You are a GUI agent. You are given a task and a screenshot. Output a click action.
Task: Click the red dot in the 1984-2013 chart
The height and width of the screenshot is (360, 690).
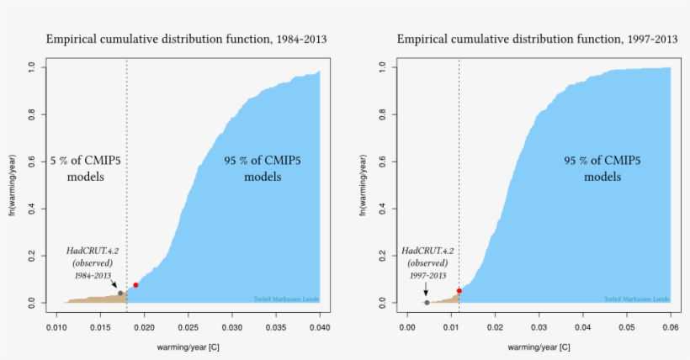[135, 285]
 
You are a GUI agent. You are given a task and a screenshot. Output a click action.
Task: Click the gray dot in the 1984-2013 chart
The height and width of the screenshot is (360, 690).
[120, 294]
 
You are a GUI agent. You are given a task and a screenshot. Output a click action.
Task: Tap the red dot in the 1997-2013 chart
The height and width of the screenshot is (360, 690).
[459, 291]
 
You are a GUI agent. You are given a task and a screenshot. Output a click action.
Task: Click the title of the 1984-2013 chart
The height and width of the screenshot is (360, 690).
[186, 40]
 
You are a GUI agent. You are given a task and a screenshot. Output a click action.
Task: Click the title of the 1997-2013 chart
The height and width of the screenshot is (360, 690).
[537, 40]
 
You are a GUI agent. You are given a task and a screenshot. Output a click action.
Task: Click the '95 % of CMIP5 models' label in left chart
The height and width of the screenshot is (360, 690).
[263, 168]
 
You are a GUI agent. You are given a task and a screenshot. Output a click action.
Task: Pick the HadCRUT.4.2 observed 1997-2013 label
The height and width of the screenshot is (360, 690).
[427, 263]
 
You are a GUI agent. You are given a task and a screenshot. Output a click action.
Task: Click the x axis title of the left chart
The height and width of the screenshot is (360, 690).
[188, 347]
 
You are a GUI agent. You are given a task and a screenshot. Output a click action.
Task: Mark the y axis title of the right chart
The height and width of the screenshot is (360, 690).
[364, 184]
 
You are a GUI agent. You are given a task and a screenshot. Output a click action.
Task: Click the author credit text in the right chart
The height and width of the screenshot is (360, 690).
[637, 299]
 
